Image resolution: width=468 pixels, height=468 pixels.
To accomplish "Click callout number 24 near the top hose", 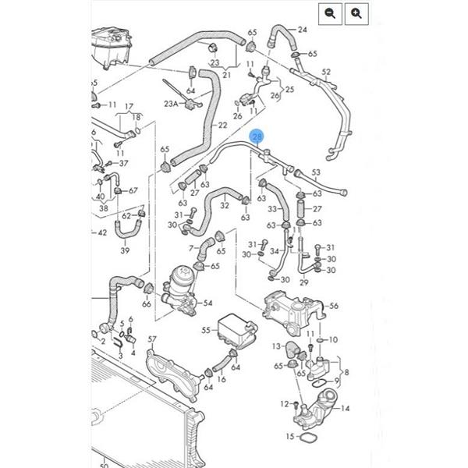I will click(x=302, y=30).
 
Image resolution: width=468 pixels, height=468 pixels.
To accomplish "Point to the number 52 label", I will click(x=326, y=72).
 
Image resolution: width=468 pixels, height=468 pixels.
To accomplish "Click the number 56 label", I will click(x=334, y=306).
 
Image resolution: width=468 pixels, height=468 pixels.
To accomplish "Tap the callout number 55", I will click(x=207, y=331).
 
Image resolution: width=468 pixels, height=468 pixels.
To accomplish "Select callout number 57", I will click(x=153, y=340).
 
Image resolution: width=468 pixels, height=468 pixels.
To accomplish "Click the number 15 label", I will click(x=290, y=436).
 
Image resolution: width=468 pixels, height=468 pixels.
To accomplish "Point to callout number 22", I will click(x=223, y=125).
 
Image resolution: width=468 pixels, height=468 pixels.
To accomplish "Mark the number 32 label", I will click(x=225, y=206).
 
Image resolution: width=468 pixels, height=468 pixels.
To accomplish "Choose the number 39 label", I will click(x=125, y=251).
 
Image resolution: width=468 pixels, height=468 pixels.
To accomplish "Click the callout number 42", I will click(x=101, y=232).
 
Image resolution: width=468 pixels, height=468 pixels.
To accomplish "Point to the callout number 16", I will click(x=222, y=379).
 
